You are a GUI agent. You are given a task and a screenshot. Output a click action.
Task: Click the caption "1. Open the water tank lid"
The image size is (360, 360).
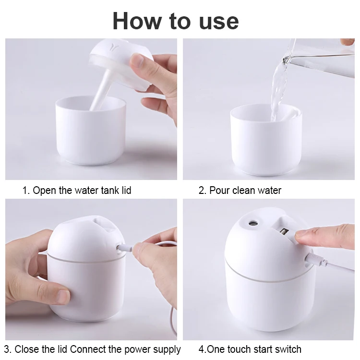tap(77, 191)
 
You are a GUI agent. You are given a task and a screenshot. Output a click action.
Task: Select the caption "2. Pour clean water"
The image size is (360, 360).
tap(240, 191)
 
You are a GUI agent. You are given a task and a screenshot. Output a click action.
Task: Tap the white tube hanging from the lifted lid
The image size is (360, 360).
tap(101, 89)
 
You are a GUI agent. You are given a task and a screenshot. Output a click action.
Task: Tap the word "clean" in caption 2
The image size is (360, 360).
tap(244, 191)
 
